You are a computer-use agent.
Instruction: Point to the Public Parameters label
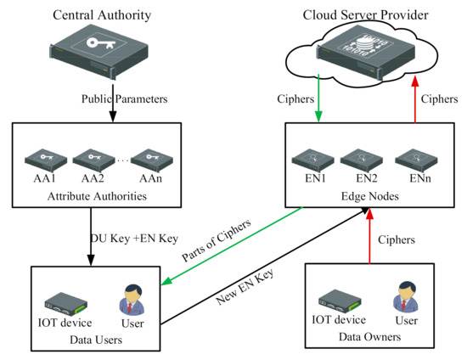click(x=113, y=98)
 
